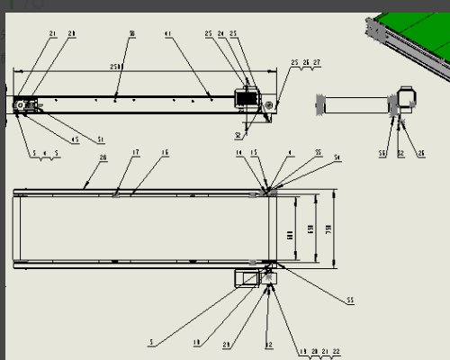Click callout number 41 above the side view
coord(167,34)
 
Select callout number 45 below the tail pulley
coord(74,139)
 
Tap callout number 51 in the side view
coord(100,139)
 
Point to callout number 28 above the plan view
coord(103,156)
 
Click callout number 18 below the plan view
coord(197,342)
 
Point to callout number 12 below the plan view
coord(268,344)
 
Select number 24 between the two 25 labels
coord(220,34)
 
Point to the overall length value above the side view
coord(113,67)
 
